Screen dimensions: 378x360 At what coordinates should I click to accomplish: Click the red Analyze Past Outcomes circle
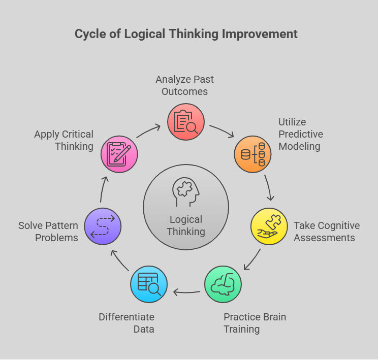(x=186, y=122)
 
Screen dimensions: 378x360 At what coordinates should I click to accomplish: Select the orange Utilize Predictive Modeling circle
(x=253, y=154)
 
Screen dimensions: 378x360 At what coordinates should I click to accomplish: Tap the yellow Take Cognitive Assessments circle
(x=269, y=226)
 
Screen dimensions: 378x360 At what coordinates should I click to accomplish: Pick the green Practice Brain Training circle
(x=223, y=284)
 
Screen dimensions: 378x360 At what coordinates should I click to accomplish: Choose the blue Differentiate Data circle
(x=149, y=284)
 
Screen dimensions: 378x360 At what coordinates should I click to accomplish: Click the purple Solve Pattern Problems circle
(x=103, y=226)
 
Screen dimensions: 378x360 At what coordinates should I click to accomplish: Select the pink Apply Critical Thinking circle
(x=119, y=154)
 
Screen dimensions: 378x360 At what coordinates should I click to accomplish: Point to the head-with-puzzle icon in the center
(x=186, y=192)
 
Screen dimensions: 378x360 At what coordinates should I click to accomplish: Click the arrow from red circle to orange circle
(x=222, y=130)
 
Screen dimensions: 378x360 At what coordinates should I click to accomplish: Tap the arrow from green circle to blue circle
(x=186, y=292)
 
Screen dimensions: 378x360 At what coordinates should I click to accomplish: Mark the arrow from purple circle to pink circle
(x=103, y=189)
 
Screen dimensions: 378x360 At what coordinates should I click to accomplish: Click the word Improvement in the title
(x=260, y=34)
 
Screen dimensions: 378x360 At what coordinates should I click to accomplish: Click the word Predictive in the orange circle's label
(x=301, y=134)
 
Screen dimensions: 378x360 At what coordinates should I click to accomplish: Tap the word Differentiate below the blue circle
(x=127, y=317)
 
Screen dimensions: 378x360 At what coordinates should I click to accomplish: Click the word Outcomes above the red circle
(x=184, y=92)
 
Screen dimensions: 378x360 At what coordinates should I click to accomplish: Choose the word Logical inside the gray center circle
(x=186, y=220)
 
